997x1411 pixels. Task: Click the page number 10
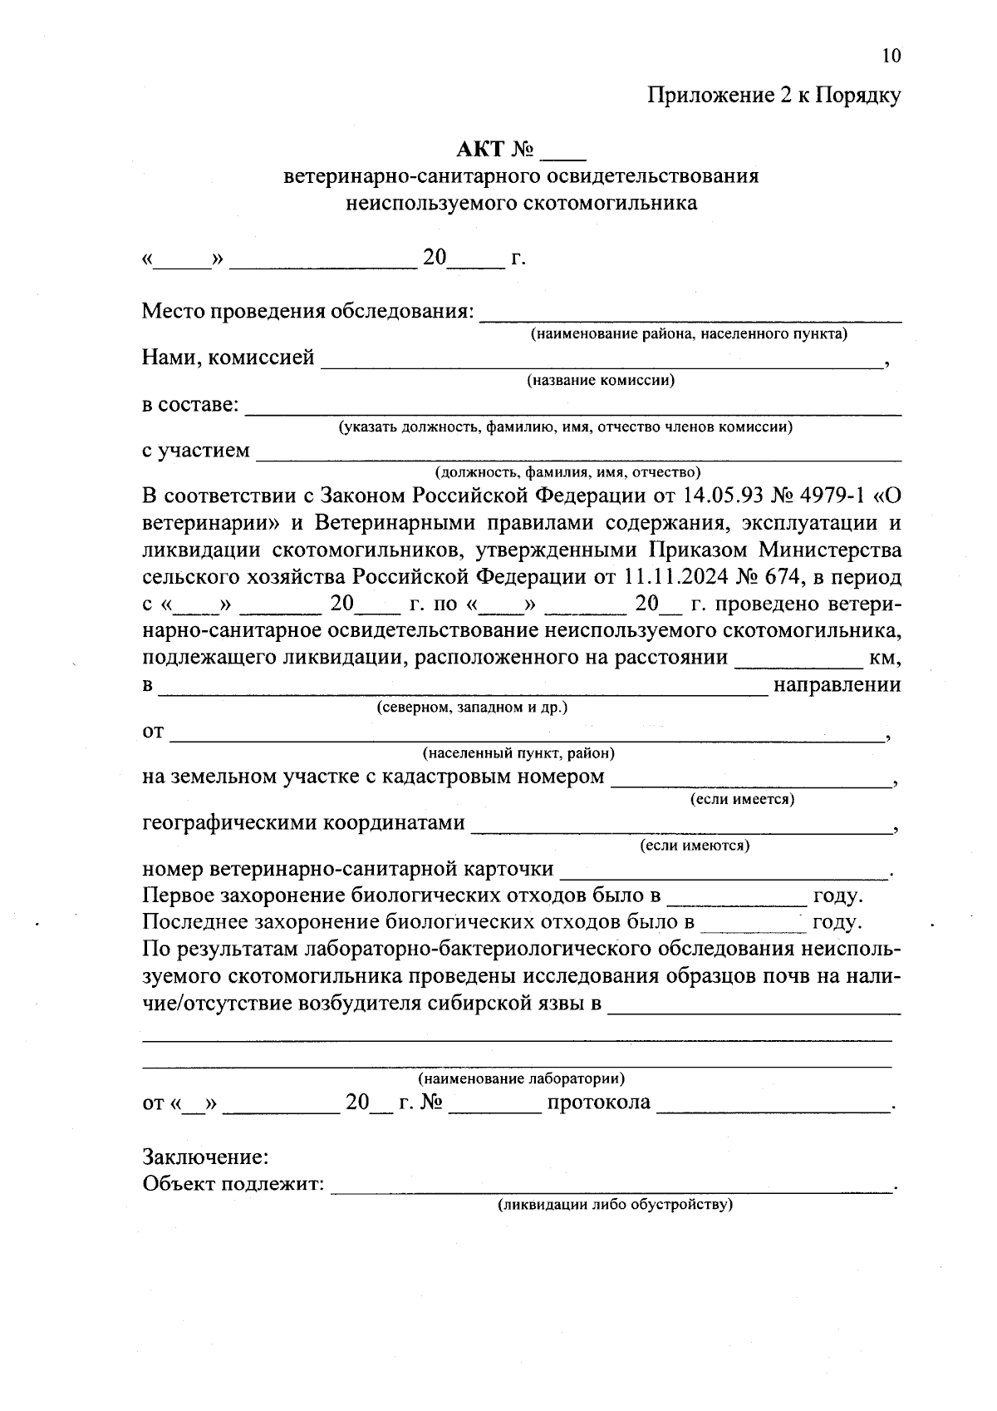(890, 56)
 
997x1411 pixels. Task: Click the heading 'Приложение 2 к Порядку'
(774, 96)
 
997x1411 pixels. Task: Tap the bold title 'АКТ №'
(495, 150)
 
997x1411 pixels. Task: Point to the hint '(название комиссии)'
(600, 381)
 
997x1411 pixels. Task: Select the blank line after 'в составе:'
(573, 407)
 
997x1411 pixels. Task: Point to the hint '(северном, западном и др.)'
(472, 708)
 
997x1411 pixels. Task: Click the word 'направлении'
(837, 685)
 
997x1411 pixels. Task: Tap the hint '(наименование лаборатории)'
(521, 1079)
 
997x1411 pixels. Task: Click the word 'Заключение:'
(205, 1157)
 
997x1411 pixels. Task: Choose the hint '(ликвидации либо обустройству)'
(615, 1205)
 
